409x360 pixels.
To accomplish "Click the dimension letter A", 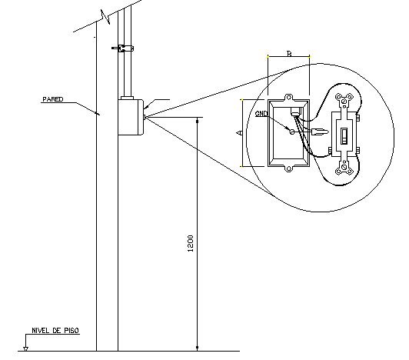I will pyautogui.click(x=239, y=133).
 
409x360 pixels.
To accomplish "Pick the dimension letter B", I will pyautogui.click(x=288, y=54).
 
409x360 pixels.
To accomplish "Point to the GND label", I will pyautogui.click(x=261, y=113).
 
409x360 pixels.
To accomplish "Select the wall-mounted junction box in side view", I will pyautogui.click(x=130, y=116).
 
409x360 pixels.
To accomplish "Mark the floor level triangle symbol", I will pyautogui.click(x=25, y=348).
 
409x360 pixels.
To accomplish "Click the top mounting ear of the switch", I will pyautogui.click(x=345, y=99).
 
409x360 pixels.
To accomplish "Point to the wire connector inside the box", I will pyautogui.click(x=295, y=113).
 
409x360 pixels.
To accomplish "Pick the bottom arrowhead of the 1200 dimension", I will pyautogui.click(x=198, y=346).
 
